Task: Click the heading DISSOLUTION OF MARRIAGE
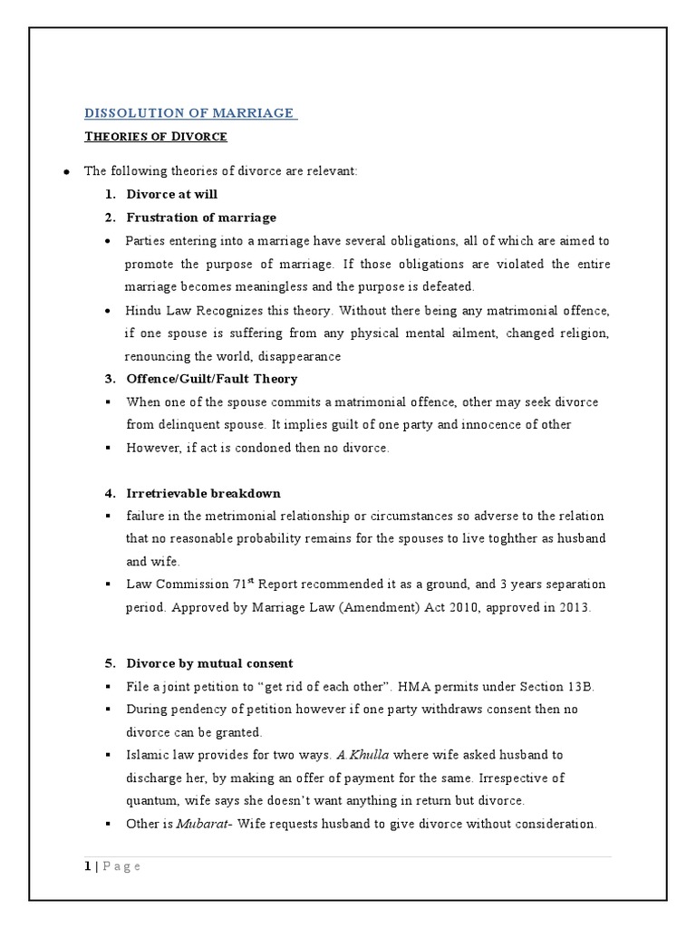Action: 189,112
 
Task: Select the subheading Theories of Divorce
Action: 156,137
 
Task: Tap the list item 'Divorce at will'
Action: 171,194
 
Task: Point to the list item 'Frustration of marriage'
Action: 201,217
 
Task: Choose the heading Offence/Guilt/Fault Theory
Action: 211,378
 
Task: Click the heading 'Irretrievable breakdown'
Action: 203,493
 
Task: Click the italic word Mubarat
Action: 199,824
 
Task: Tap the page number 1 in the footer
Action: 87,866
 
